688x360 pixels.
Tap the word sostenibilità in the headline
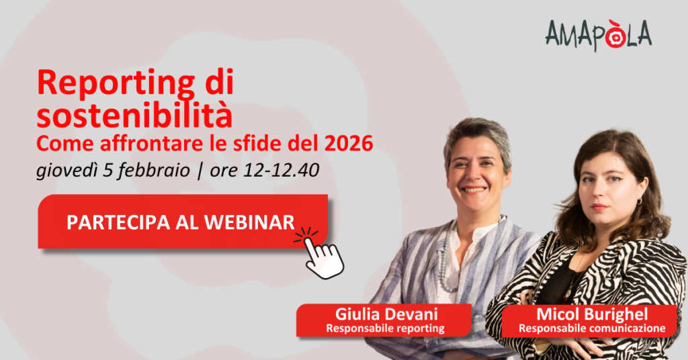pos(134,115)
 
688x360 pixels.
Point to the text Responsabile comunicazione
pos(582,328)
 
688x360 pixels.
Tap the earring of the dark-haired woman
pos(639,201)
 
